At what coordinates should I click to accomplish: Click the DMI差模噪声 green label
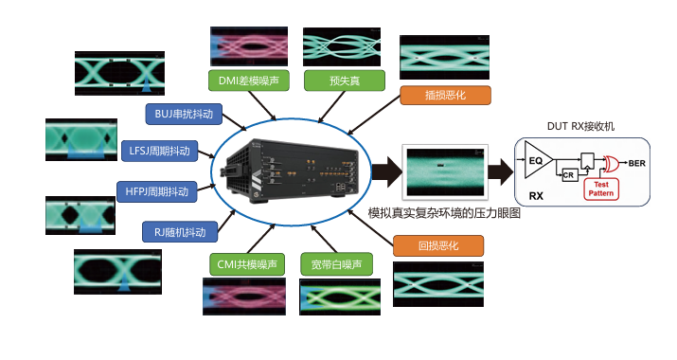[x=249, y=81]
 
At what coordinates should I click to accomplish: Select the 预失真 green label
[x=345, y=81]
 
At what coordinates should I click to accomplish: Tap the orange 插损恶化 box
[x=445, y=95]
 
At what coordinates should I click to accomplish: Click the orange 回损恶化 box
[x=438, y=246]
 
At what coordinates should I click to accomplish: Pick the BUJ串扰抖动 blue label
[x=184, y=114]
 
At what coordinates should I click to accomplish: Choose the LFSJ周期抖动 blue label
[x=160, y=151]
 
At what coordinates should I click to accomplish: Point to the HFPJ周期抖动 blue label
[x=157, y=191]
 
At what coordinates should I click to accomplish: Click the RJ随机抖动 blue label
[x=180, y=232]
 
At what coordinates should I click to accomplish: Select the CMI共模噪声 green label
[x=247, y=264]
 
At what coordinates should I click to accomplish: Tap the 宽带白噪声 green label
[x=336, y=264]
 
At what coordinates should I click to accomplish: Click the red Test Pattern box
[x=601, y=189]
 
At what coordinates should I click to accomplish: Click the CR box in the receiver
[x=569, y=175]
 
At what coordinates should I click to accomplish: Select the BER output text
[x=637, y=163]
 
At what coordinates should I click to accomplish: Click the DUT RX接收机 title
[x=580, y=126]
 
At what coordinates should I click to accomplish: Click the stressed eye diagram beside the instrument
[x=445, y=171]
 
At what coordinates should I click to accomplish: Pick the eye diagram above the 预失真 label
[x=342, y=46]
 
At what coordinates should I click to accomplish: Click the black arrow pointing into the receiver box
[x=501, y=171]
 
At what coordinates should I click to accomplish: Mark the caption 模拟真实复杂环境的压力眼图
[x=444, y=213]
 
